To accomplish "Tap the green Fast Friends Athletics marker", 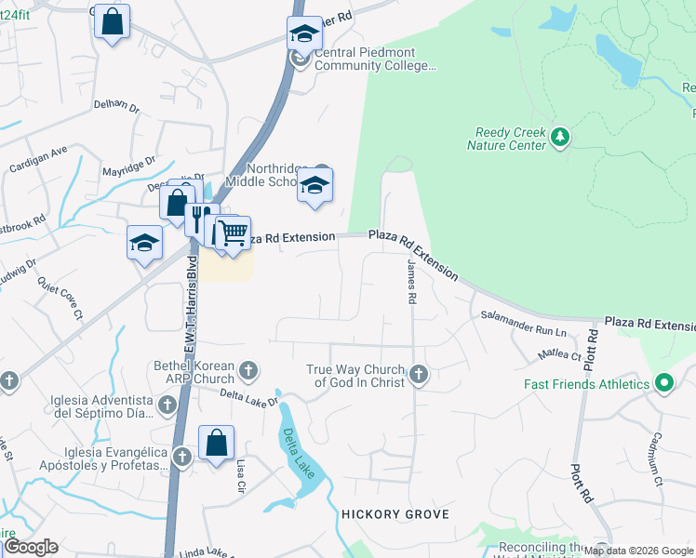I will click(663, 383).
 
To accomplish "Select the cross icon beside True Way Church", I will click(419, 375).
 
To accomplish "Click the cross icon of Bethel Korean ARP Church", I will click(248, 371).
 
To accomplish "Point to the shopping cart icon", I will click(234, 232).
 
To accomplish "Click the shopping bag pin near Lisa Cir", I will click(216, 443).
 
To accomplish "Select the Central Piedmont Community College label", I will click(375, 59).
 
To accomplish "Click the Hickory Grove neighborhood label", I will click(395, 514).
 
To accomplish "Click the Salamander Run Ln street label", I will click(523, 325).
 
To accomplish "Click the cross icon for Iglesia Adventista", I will click(167, 405).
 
